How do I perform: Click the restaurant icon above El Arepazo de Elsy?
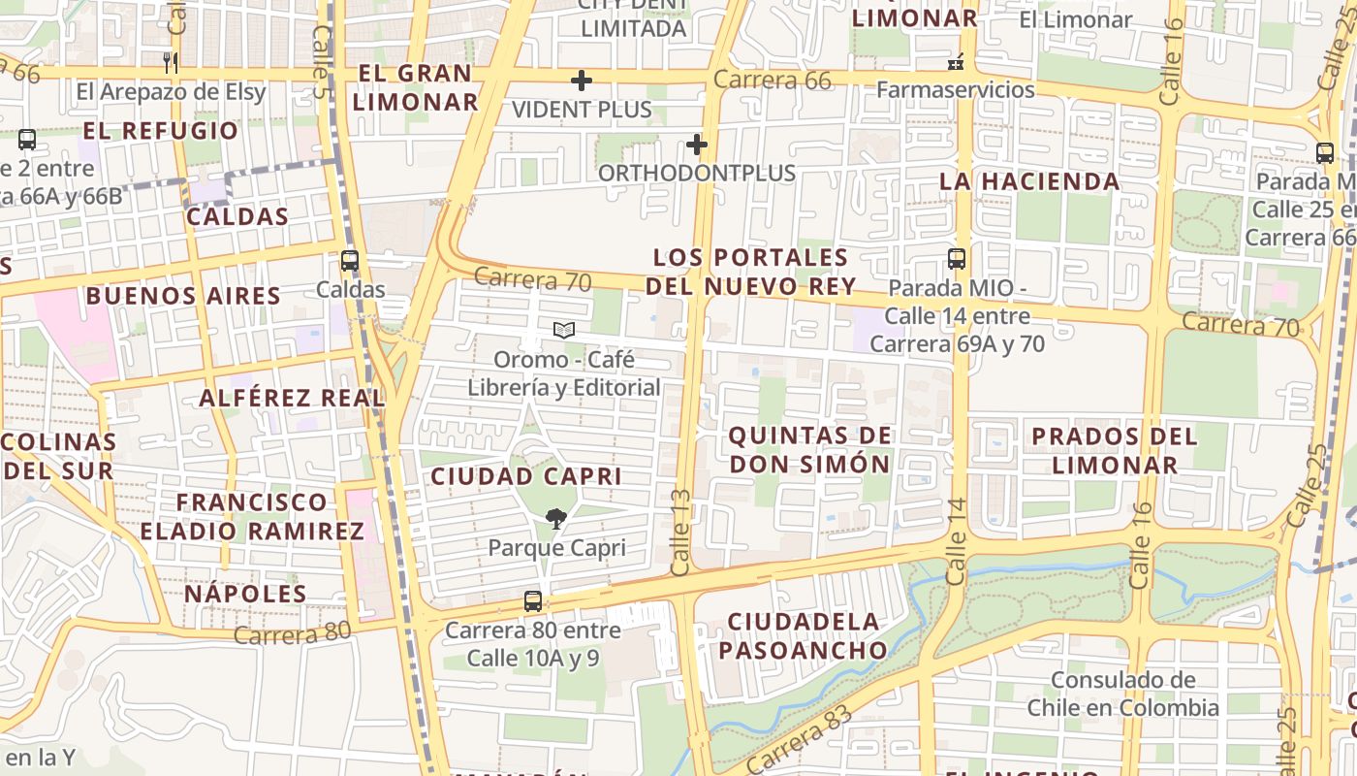[171, 63]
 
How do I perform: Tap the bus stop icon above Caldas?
[350, 261]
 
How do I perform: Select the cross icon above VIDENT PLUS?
[582, 81]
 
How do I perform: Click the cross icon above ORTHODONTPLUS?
[696, 145]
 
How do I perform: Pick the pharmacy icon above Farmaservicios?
[956, 63]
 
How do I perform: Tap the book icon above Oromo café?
[563, 331]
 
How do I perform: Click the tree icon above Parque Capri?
[556, 519]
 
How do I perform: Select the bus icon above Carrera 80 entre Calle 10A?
[533, 601]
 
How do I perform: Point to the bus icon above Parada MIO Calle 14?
[957, 259]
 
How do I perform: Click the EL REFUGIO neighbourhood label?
[160, 131]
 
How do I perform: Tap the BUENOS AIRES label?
[183, 296]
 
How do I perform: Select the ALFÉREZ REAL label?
[292, 398]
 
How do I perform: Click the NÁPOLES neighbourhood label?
[245, 594]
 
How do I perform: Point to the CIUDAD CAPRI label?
[526, 476]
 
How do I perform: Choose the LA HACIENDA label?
[1029, 181]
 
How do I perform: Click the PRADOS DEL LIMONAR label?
[1114, 450]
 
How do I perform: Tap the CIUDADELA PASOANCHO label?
[804, 635]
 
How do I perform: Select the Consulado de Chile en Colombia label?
[1122, 694]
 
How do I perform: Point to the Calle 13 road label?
[681, 533]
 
